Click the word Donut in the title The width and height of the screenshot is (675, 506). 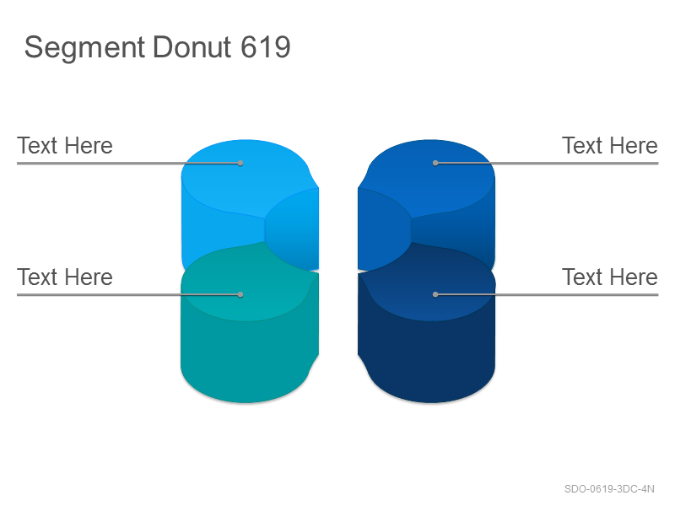pos(192,46)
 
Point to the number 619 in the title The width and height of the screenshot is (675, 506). pos(266,46)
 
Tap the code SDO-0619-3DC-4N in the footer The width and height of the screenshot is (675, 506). pos(609,489)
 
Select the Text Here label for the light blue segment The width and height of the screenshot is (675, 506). pos(65,145)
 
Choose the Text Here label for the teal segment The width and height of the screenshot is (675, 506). pos(65,277)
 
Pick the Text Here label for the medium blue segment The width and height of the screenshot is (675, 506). pos(610,145)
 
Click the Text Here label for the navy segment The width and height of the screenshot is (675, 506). pos(610,277)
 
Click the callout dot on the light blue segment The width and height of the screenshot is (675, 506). pos(240,163)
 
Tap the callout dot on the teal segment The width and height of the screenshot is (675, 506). pos(240,294)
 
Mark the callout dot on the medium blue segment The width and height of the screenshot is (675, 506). pos(435,163)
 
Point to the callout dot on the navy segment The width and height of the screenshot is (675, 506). pos(435,294)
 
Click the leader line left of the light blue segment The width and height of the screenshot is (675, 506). pos(129,163)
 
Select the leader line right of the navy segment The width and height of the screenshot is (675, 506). pos(547,294)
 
